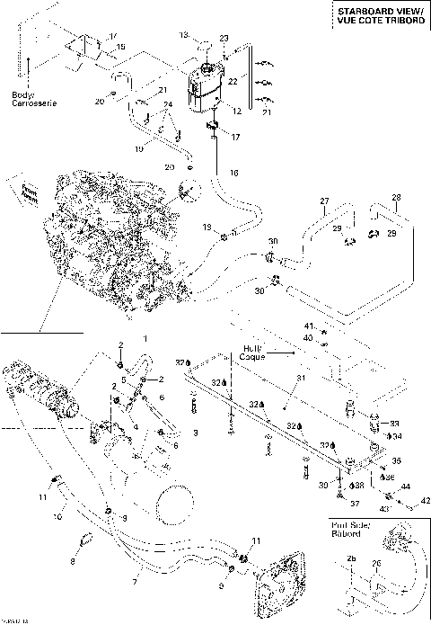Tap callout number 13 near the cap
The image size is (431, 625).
click(183, 35)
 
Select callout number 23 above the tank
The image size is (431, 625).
click(224, 38)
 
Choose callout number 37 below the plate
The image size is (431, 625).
click(354, 503)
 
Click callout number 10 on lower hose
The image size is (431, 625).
click(56, 516)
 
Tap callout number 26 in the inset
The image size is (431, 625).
click(377, 565)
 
